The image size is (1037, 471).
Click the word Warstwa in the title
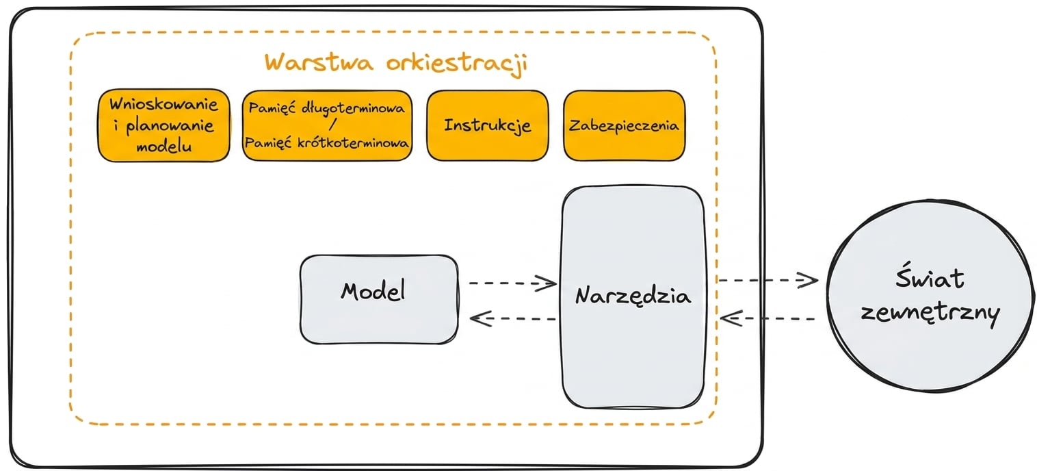coord(319,62)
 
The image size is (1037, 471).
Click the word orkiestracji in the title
coord(457,64)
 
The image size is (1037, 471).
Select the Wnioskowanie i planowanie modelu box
coord(164,125)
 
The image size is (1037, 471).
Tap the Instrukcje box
coord(488,125)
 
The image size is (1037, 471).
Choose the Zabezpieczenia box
coord(624,125)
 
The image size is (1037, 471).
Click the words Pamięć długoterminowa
coord(326,108)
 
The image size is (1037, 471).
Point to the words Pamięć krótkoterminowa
coord(326,142)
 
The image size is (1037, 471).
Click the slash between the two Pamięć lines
coord(332,124)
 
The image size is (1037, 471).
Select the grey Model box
coord(379,299)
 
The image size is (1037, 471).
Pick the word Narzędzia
coord(633,296)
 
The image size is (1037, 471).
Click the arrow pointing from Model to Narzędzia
coord(513,283)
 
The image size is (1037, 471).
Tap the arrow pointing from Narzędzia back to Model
coord(513,318)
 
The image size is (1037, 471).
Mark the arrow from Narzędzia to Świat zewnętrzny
coord(767,280)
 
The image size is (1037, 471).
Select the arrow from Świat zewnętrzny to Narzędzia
coord(767,318)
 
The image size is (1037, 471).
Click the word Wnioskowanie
coord(163,104)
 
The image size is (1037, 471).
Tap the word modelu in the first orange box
coord(164,147)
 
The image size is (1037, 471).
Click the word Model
coord(373,290)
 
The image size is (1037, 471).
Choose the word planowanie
coord(170,125)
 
